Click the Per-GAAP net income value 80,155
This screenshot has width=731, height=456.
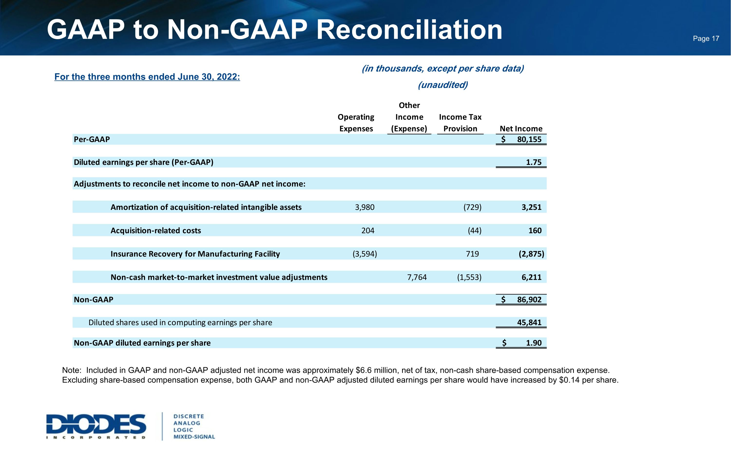[529, 139]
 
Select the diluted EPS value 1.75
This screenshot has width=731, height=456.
[533, 162]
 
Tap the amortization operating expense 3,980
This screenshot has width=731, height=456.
[365, 207]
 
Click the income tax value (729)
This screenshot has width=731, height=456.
[472, 207]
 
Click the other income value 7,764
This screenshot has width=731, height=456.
[417, 277]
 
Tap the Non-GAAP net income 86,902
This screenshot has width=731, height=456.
[529, 299]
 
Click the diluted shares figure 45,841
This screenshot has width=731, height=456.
[529, 322]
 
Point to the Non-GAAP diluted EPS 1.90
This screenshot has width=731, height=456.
[533, 343]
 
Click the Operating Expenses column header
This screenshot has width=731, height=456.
[356, 123]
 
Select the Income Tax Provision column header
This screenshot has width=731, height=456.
[460, 123]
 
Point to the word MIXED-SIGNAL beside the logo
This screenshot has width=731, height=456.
[194, 437]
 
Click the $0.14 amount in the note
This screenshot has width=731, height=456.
[569, 380]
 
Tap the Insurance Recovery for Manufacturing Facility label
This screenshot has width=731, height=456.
[195, 254]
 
